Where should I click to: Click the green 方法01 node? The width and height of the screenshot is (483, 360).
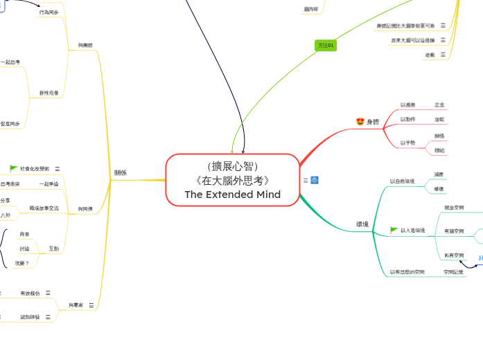click(326, 46)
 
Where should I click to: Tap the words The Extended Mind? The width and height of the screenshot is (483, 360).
click(233, 195)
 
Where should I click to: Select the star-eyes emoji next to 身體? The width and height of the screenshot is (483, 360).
click(360, 122)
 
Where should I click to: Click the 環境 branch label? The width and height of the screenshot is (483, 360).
click(362, 224)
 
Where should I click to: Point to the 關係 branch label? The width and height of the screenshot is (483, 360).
click(121, 172)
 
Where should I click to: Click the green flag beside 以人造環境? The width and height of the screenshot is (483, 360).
click(394, 230)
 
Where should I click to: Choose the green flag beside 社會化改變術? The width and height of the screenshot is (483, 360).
click(13, 168)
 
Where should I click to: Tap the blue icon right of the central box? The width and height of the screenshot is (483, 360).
click(315, 180)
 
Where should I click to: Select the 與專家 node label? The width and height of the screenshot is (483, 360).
click(76, 305)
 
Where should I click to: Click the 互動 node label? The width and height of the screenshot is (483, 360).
click(53, 248)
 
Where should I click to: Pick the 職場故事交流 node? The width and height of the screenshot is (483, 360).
click(44, 208)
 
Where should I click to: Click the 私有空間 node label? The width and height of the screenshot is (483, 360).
click(454, 255)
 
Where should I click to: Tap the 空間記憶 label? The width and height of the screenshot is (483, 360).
click(453, 272)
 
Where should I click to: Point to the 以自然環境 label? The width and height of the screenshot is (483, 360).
click(402, 181)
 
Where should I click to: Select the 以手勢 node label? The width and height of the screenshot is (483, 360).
click(407, 143)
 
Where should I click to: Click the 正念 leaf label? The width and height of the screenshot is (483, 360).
click(439, 105)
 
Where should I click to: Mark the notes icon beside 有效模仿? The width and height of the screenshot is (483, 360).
click(48, 293)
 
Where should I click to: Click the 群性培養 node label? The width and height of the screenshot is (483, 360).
click(49, 92)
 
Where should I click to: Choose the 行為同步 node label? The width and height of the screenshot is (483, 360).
click(49, 12)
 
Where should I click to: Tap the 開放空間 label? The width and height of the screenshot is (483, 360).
click(454, 207)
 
